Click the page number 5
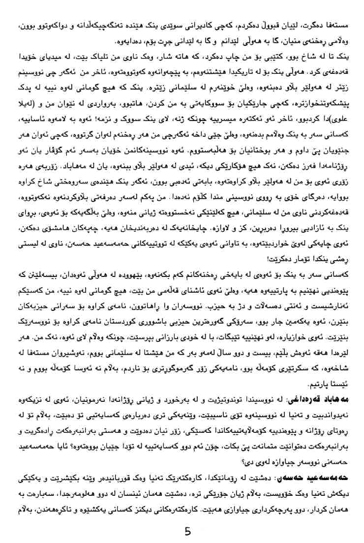coord(187,532)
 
